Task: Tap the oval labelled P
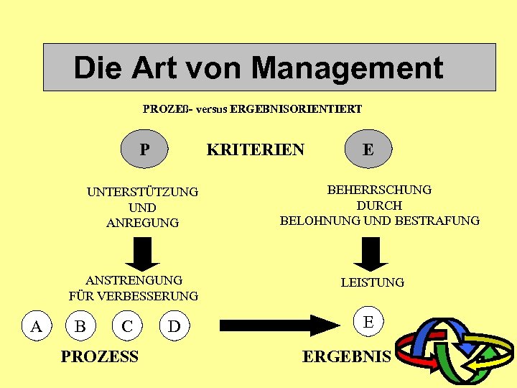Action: [x=145, y=149]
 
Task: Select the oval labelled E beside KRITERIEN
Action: [x=368, y=149]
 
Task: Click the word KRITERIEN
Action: [x=256, y=149]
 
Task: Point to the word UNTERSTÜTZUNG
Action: [x=142, y=192]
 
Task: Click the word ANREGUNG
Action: [x=142, y=223]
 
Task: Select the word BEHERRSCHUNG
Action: [x=379, y=190]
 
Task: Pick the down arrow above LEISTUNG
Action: [x=371, y=251]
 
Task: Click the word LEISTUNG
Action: [x=372, y=282]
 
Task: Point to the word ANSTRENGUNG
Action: [x=134, y=280]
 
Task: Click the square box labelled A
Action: [x=36, y=326]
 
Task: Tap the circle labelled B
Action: [x=81, y=326]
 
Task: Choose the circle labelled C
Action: [x=127, y=326]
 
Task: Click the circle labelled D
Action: [x=174, y=327]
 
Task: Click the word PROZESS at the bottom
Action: [x=100, y=356]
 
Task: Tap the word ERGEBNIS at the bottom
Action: [x=347, y=356]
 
